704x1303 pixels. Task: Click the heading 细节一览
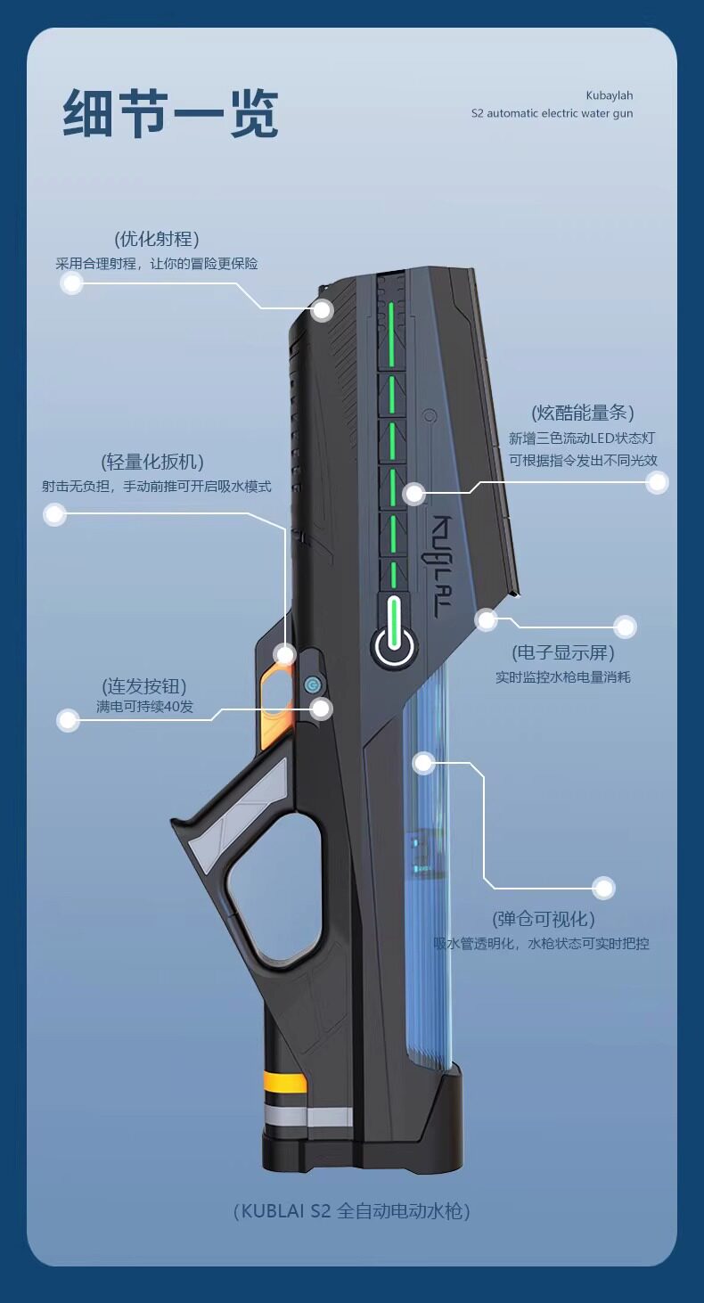click(170, 113)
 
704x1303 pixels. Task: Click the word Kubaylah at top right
click(609, 95)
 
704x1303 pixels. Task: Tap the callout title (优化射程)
click(157, 239)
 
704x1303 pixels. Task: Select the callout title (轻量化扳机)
click(152, 462)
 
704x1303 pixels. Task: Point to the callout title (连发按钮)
click(144, 686)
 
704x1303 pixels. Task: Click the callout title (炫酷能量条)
click(583, 413)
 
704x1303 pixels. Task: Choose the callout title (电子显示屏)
click(563, 652)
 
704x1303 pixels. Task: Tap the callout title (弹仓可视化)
click(544, 919)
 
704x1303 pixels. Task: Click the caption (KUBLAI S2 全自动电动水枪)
click(351, 1210)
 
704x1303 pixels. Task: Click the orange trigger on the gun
click(276, 691)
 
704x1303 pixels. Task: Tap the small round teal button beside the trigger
click(311, 684)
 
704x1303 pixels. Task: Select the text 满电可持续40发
click(144, 708)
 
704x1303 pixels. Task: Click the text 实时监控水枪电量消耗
click(563, 677)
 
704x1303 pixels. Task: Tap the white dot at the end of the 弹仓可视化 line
click(604, 888)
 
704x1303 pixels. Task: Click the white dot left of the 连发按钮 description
click(69, 720)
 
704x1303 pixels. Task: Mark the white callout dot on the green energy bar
click(413, 494)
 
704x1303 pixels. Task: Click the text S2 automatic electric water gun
click(552, 114)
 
